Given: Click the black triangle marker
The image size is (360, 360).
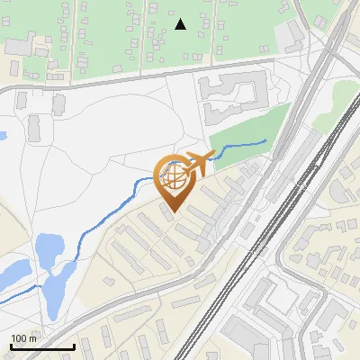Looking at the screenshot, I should point(181,24).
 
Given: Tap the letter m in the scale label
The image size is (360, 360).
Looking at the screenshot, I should point(33,338).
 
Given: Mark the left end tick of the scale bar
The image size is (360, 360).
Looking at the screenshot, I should point(10,346).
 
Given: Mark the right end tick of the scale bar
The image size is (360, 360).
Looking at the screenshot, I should point(74,346).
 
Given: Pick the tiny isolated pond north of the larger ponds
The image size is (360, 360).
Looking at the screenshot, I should point(2,137).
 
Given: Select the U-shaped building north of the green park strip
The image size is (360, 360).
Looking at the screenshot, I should point(230,97).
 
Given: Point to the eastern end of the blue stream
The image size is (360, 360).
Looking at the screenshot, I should point(266,140).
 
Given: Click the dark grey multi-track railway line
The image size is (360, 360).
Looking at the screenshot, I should point(270,225).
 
